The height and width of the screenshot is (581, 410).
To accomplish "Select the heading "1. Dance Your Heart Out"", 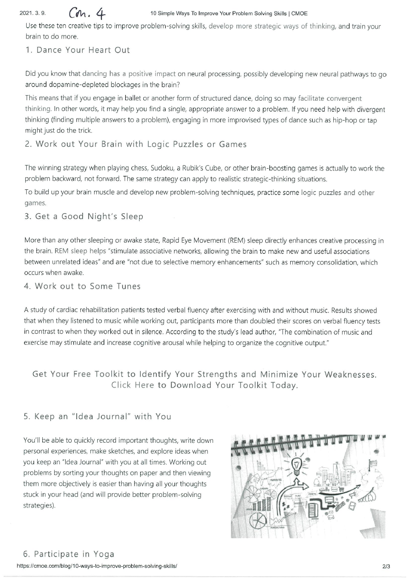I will (x=78, y=50).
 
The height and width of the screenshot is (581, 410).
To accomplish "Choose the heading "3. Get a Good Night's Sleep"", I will (x=84, y=216).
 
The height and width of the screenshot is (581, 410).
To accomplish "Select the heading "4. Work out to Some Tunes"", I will (x=83, y=286).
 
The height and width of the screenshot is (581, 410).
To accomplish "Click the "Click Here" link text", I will (x=132, y=385).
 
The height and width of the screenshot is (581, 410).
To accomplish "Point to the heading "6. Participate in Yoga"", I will (x=69, y=554).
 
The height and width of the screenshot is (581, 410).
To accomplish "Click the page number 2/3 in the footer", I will (x=386, y=567).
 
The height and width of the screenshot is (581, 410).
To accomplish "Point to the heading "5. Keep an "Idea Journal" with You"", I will (x=97, y=416).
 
